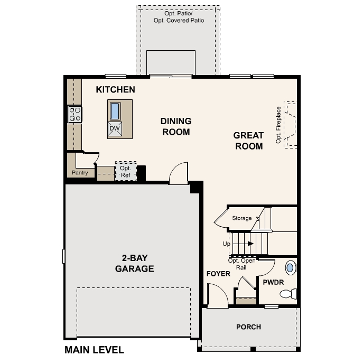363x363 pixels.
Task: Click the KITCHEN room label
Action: click(x=115, y=90)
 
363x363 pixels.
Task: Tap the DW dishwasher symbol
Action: click(x=115, y=128)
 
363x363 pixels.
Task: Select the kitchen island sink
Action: click(x=115, y=111)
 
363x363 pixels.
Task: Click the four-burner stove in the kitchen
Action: click(x=75, y=114)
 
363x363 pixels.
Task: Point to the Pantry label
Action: click(x=80, y=173)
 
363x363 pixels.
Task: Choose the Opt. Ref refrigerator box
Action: click(x=125, y=171)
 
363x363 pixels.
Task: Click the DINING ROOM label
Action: click(x=175, y=127)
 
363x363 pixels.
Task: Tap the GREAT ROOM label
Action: click(x=248, y=141)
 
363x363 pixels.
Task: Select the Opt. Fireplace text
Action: click(x=278, y=125)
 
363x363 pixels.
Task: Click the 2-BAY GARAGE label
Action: click(x=135, y=264)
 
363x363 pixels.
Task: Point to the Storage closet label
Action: click(x=242, y=218)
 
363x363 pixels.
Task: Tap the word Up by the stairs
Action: click(x=227, y=244)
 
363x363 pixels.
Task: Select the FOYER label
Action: click(x=218, y=274)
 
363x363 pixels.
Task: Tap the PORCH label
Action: click(x=248, y=327)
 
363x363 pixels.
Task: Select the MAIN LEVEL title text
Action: click(x=94, y=350)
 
